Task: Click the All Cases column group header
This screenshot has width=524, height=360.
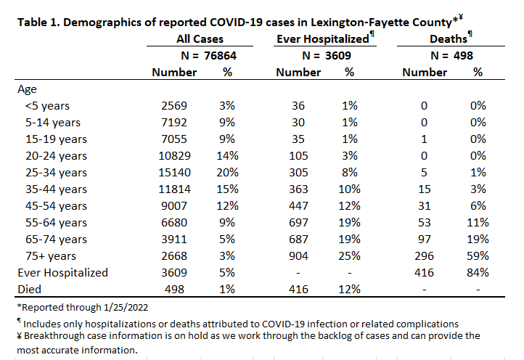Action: (200, 38)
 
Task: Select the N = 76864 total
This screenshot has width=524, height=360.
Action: (208, 55)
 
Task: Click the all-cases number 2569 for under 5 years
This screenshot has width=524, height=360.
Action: (174, 106)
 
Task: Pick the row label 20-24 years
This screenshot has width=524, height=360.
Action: (56, 156)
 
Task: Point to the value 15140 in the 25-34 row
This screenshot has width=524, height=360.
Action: (174, 173)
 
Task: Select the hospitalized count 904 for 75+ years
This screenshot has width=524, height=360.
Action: (298, 256)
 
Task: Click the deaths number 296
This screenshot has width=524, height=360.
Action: (424, 256)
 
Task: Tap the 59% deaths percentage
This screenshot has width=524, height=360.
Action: (478, 256)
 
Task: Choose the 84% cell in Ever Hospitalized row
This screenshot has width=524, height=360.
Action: (478, 273)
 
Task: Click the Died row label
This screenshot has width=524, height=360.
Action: (30, 290)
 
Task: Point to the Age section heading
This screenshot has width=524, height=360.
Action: (27, 89)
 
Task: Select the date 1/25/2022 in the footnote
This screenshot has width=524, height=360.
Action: (126, 307)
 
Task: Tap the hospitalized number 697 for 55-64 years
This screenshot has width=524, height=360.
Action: (298, 223)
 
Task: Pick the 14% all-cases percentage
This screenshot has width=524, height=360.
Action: (228, 156)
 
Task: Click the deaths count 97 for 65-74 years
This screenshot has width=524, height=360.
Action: (424, 240)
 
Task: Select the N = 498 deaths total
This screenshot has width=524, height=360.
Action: (452, 55)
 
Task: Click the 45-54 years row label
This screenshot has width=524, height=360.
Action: (56, 206)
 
